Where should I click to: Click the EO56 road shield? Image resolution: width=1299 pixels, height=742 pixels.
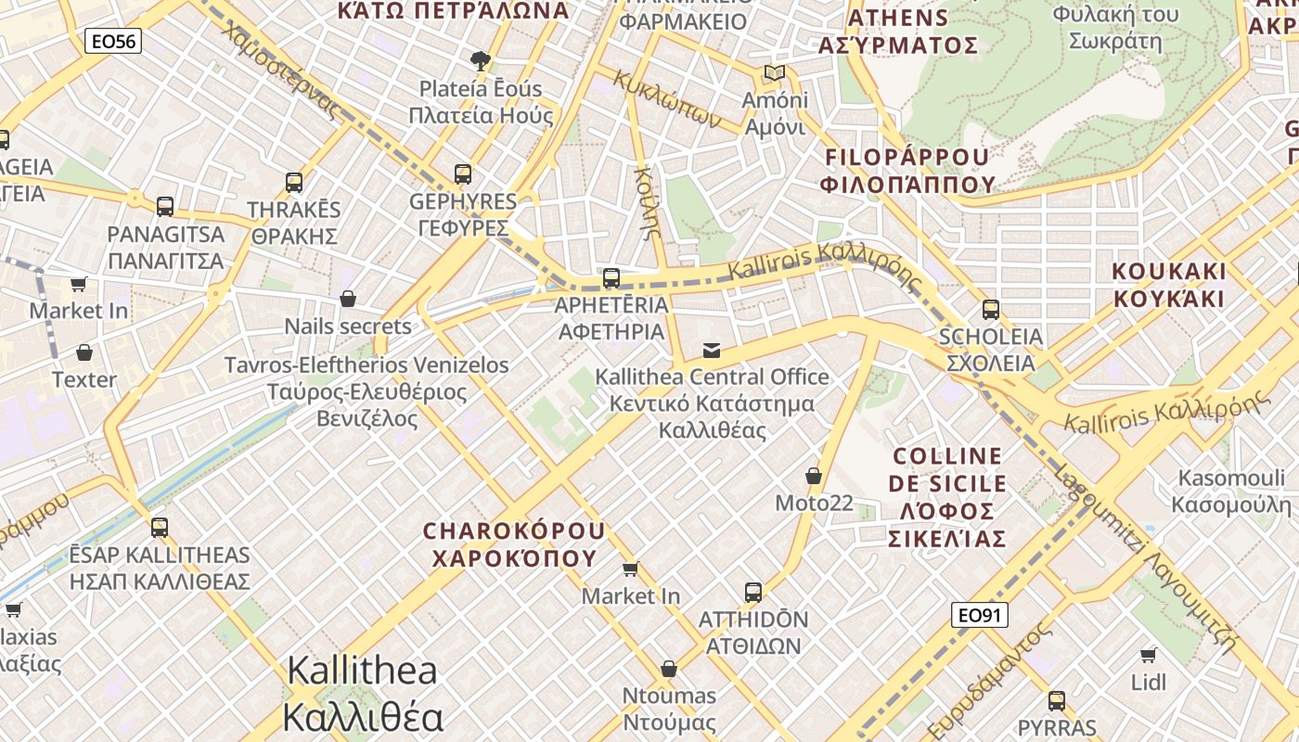pyautogui.click(x=113, y=40)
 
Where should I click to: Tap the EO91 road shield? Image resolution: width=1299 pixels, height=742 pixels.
pyautogui.click(x=980, y=615)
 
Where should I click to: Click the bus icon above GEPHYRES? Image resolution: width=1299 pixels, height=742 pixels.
pyautogui.click(x=463, y=173)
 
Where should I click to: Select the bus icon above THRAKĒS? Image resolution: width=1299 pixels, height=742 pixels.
pyautogui.click(x=294, y=182)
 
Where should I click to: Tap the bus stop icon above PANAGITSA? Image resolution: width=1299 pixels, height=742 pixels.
pyautogui.click(x=165, y=206)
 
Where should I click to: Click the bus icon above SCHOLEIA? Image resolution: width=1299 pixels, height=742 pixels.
pyautogui.click(x=991, y=309)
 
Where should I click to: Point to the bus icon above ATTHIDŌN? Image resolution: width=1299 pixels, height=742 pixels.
pyautogui.click(x=753, y=592)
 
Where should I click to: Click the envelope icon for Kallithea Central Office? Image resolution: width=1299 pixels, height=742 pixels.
pyautogui.click(x=712, y=350)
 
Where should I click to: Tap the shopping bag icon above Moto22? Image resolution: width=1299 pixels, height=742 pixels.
pyautogui.click(x=814, y=476)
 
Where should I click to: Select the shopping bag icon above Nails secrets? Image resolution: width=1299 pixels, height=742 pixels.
pyautogui.click(x=348, y=299)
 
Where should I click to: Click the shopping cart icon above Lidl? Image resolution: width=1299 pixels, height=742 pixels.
pyautogui.click(x=1149, y=656)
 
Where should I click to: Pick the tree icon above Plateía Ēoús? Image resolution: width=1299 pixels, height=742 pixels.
pyautogui.click(x=480, y=61)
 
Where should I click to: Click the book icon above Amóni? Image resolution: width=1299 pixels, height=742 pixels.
pyautogui.click(x=775, y=72)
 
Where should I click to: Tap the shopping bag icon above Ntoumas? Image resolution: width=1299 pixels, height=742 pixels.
pyautogui.click(x=668, y=669)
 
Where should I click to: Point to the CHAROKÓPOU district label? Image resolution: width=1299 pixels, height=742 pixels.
pyautogui.click(x=514, y=544)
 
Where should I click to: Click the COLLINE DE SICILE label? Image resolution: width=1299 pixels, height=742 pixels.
pyautogui.click(x=947, y=497)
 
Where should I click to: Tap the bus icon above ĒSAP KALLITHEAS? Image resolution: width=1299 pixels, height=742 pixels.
pyautogui.click(x=160, y=528)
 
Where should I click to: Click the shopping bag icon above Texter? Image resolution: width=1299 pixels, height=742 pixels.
pyautogui.click(x=84, y=352)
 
